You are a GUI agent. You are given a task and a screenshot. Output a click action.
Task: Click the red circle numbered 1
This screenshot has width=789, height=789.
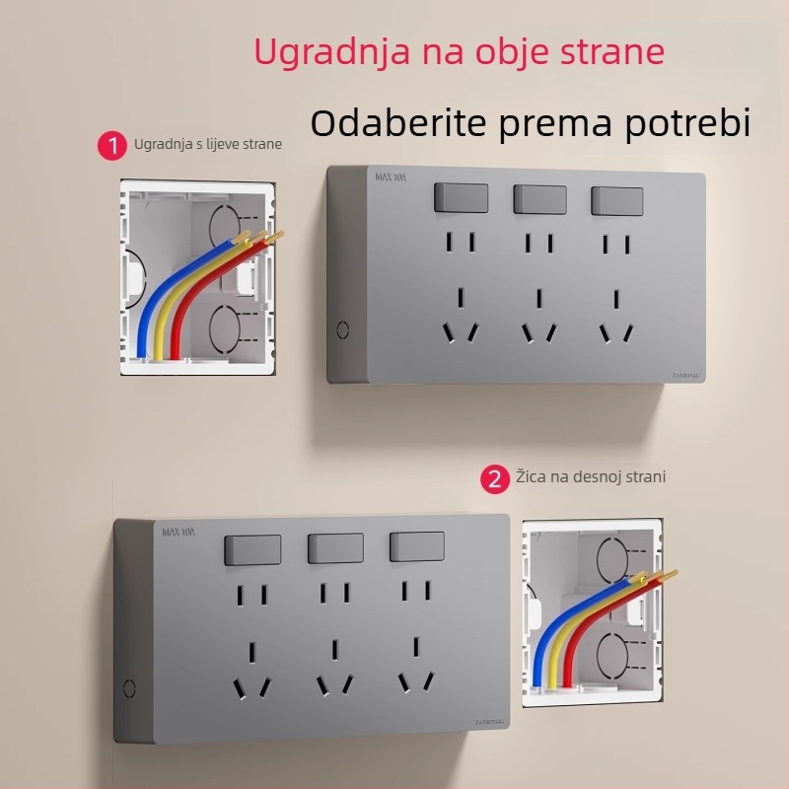click(x=112, y=146)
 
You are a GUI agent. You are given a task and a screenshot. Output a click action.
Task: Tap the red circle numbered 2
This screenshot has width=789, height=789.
click(x=494, y=479)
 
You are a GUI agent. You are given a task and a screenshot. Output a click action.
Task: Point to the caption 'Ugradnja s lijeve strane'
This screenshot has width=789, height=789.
click(x=208, y=144)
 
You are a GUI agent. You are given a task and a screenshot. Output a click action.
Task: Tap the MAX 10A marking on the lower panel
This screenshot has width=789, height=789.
click(x=179, y=532)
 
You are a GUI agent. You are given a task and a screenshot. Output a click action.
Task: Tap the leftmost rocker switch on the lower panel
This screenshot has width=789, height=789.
click(x=253, y=549)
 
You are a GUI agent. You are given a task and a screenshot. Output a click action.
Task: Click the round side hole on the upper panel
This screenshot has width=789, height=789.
click(x=342, y=329)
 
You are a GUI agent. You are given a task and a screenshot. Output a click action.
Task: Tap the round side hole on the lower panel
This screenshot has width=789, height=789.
click(x=128, y=687)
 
